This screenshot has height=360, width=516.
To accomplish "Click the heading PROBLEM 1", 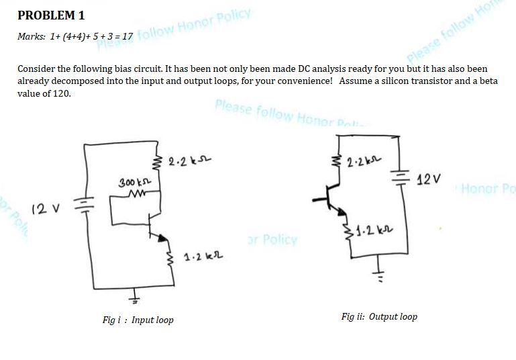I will (x=51, y=14).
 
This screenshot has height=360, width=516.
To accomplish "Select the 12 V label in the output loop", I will (x=429, y=180).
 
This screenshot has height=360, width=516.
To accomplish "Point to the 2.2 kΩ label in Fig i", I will (x=185, y=162).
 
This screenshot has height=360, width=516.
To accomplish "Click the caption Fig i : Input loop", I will (x=138, y=320).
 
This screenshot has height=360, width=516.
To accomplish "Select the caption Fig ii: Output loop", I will (x=379, y=316).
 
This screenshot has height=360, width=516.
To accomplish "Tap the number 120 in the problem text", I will (x=60, y=93).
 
